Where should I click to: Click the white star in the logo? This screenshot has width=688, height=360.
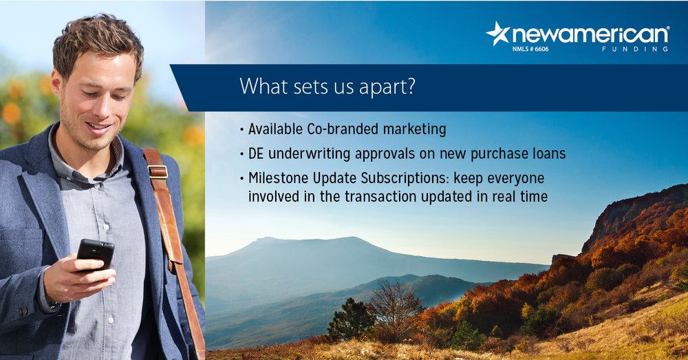[498, 34]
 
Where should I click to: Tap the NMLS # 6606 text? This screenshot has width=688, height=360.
[530, 49]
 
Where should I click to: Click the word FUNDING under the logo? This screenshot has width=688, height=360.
[635, 49]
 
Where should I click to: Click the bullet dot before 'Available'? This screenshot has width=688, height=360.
[241, 129]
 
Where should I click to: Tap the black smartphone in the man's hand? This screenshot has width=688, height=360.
[95, 254]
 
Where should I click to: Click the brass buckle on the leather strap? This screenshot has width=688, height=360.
[158, 171]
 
